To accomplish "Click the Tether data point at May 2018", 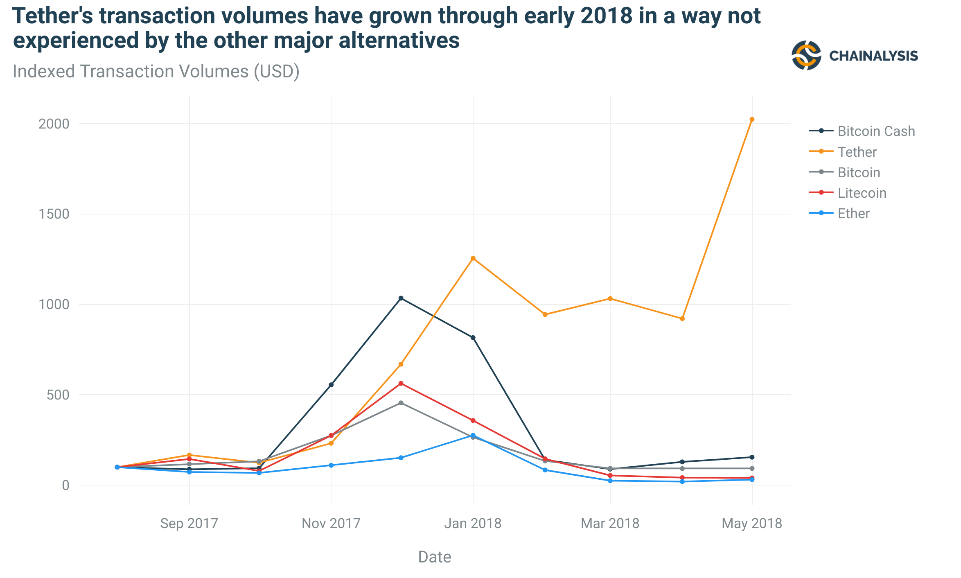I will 752,120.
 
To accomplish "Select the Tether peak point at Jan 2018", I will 473,258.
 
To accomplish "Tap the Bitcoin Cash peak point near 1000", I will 401,298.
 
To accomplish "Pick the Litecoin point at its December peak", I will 401,384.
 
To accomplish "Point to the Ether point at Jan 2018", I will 473,436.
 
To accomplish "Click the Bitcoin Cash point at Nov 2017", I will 331,385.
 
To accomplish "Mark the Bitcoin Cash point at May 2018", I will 752,457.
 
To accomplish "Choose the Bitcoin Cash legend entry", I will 876,131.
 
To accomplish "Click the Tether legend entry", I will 857,152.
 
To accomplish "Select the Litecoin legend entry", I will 862,193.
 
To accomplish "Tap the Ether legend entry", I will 853,213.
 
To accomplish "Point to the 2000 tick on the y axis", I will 54,124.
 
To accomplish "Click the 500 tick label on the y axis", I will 58,395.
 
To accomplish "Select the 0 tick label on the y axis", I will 65,485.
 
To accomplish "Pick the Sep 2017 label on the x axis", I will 189,523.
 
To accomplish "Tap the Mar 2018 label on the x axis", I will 610,523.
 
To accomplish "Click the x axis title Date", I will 434,557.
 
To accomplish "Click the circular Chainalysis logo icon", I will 806,55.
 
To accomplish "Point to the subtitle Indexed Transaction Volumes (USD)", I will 156,72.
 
